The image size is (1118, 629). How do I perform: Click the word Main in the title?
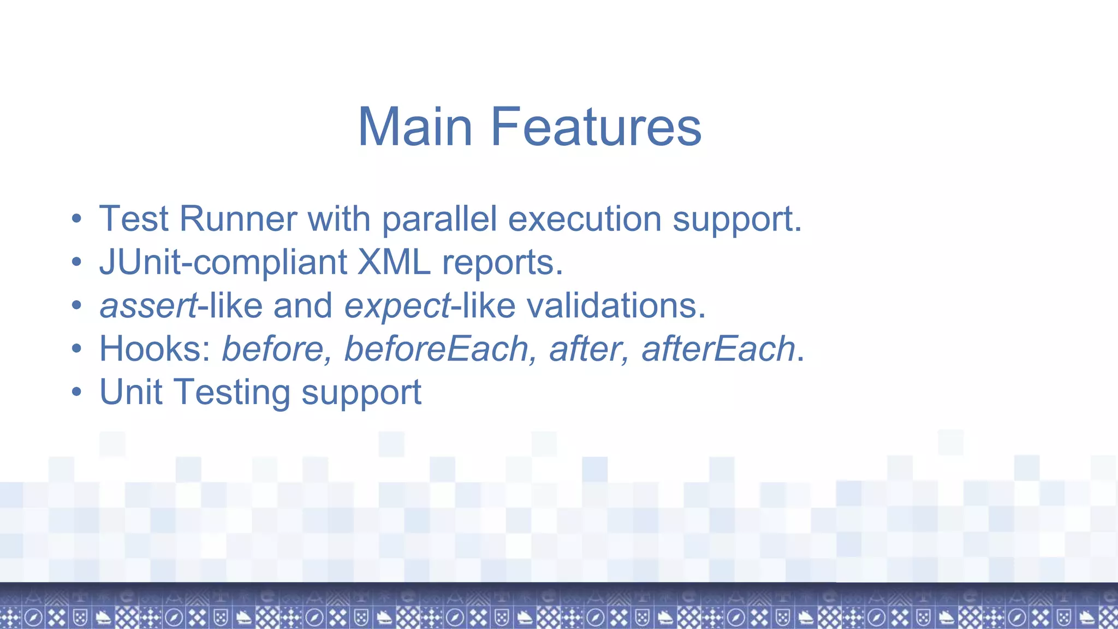415,127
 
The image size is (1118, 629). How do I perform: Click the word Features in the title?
596,127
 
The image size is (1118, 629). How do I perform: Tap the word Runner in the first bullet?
238,219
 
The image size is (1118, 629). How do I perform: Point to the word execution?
585,219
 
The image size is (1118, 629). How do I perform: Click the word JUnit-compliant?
223,262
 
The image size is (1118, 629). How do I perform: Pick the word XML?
394,262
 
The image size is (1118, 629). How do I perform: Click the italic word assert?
148,306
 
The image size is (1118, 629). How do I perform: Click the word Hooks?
154,349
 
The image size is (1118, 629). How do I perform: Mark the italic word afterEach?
718,349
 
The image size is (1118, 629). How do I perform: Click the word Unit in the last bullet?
131,392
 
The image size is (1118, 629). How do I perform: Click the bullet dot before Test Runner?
76,219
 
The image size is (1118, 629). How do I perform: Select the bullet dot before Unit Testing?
76,393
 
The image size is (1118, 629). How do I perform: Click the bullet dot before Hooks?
76,349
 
